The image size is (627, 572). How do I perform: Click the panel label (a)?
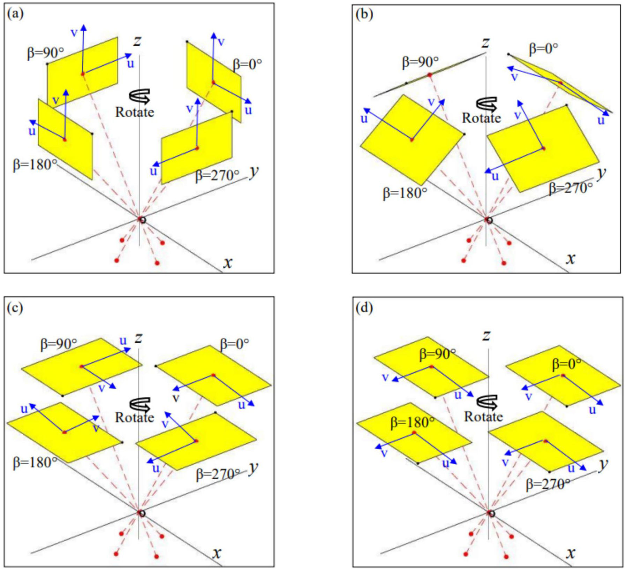(x=15, y=14)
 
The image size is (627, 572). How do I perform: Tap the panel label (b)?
(x=364, y=14)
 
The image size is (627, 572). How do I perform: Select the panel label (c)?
(x=15, y=308)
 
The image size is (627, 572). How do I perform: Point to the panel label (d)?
(x=364, y=308)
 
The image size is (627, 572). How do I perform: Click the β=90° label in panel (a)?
(x=45, y=53)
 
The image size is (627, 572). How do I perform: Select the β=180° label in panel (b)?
(x=405, y=193)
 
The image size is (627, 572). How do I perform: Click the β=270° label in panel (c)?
(x=218, y=474)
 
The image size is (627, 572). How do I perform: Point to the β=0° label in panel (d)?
(x=567, y=365)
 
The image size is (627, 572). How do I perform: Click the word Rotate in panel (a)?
(x=135, y=112)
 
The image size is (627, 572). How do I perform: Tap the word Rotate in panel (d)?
(x=483, y=417)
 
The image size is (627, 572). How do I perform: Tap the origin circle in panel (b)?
(x=489, y=220)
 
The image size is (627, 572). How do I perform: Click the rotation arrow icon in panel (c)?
(x=140, y=404)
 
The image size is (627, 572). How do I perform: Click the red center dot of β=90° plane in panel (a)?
(x=83, y=74)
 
